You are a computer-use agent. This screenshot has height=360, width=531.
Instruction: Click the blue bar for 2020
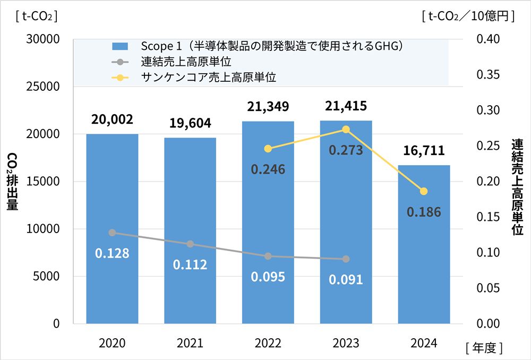(x=112, y=228)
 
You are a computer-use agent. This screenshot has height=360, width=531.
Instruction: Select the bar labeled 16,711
(x=424, y=244)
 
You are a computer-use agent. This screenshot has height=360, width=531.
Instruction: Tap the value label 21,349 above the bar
(x=268, y=106)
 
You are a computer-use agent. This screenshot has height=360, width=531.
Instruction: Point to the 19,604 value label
(x=190, y=123)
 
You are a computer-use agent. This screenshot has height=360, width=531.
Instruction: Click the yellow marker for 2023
(x=346, y=130)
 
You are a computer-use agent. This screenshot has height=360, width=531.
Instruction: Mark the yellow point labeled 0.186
(x=424, y=191)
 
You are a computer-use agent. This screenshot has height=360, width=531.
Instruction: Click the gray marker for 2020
(x=112, y=233)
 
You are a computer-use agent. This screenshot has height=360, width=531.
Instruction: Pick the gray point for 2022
(x=268, y=256)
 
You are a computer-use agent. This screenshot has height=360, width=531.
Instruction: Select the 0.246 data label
(x=268, y=169)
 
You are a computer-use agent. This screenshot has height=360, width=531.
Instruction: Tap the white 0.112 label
(x=190, y=264)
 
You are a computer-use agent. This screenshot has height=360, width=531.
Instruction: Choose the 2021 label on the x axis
(x=190, y=343)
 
